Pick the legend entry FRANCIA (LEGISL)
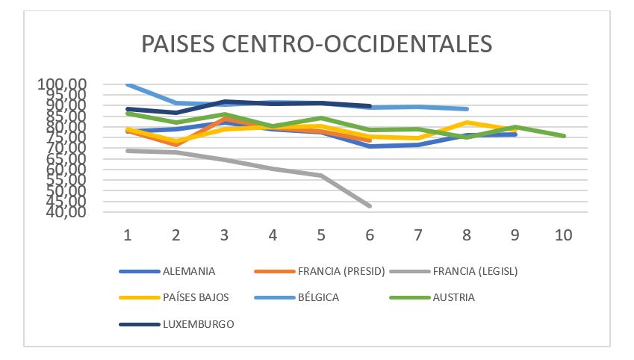click(x=475, y=271)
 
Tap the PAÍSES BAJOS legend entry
click(x=196, y=297)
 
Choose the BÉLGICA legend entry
click(x=319, y=297)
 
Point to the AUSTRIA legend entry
click(x=453, y=297)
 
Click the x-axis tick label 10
click(x=563, y=235)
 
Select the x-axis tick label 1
click(x=128, y=235)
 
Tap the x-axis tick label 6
click(x=370, y=235)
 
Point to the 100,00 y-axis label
click(x=63, y=84)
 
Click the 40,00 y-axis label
click(x=63, y=212)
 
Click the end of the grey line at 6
click(x=370, y=205)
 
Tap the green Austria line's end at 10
click(x=564, y=136)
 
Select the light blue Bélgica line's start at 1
click(x=128, y=84)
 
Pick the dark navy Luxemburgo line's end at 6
click(x=370, y=106)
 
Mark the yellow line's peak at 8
click(x=467, y=122)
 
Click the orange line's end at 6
click(x=370, y=140)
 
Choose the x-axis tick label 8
click(x=467, y=235)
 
